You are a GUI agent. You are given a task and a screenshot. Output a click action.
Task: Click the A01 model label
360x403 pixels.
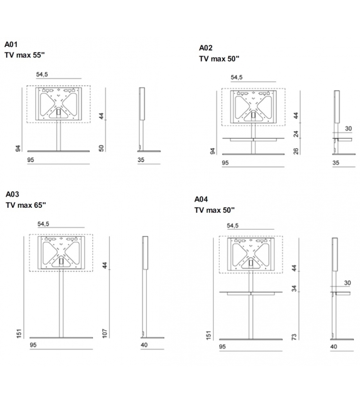point(13,45)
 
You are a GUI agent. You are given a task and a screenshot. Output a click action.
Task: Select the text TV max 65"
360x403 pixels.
point(26,205)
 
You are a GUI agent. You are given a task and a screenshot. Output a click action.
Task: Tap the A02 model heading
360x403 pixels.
point(206,48)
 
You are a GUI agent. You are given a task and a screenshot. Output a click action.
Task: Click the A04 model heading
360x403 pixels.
point(202,198)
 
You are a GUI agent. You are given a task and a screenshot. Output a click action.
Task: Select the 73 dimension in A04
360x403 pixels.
point(294,337)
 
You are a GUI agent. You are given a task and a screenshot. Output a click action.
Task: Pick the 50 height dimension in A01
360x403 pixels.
point(100,148)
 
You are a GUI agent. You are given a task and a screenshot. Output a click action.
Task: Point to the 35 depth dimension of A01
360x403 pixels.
point(142,161)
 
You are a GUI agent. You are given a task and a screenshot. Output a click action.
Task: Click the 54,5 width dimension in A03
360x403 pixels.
point(43,224)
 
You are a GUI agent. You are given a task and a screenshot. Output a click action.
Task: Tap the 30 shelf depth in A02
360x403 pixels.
point(347,129)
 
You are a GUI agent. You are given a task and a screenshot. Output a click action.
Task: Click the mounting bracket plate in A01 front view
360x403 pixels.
point(60,104)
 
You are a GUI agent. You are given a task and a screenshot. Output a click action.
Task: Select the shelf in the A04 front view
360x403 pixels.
point(250,293)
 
